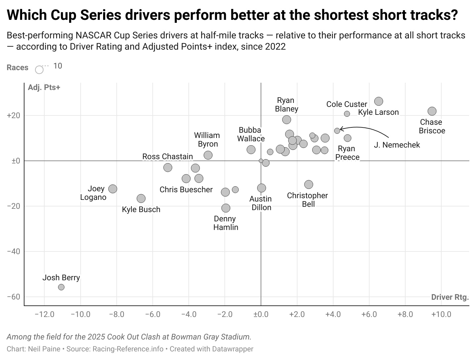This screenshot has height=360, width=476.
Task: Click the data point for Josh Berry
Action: point(61,287)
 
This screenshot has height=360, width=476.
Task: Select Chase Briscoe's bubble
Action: point(432,111)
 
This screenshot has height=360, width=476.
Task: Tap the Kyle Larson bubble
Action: point(378,101)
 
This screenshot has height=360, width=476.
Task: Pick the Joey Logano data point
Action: point(113,189)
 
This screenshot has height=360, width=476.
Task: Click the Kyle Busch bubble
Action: point(141,199)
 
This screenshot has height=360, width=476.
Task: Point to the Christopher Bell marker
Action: point(308,184)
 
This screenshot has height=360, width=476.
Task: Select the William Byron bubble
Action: point(208,155)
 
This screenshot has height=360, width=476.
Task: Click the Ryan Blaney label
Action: point(286,105)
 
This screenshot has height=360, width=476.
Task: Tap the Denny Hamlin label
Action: point(225,223)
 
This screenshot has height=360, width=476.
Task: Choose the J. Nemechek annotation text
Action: point(397,145)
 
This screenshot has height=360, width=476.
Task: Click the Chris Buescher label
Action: point(186,190)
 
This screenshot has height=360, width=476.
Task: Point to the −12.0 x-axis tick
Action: point(44,314)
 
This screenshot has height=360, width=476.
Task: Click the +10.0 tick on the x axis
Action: point(441,314)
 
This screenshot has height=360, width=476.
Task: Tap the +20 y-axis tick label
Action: point(14,116)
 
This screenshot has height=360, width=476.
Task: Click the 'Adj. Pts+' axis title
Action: point(44,87)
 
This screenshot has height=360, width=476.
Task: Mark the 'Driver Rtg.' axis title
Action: point(450,297)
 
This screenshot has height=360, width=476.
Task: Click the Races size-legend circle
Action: point(39,69)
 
